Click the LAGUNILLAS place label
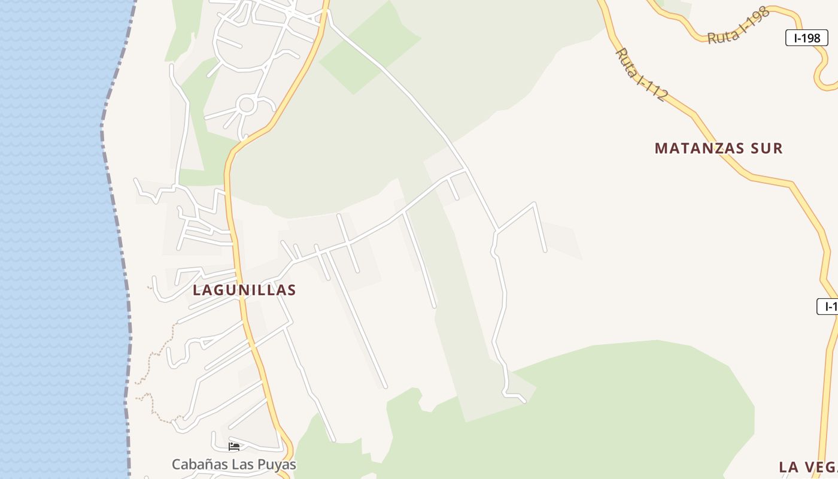coord(244,290)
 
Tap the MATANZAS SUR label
coord(718,148)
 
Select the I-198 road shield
coord(806,38)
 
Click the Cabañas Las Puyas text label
coord(233,464)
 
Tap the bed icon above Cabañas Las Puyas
coord(234,447)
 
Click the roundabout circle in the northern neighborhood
coord(246,105)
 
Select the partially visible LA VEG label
coord(807,466)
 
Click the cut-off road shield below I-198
coord(828,307)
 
